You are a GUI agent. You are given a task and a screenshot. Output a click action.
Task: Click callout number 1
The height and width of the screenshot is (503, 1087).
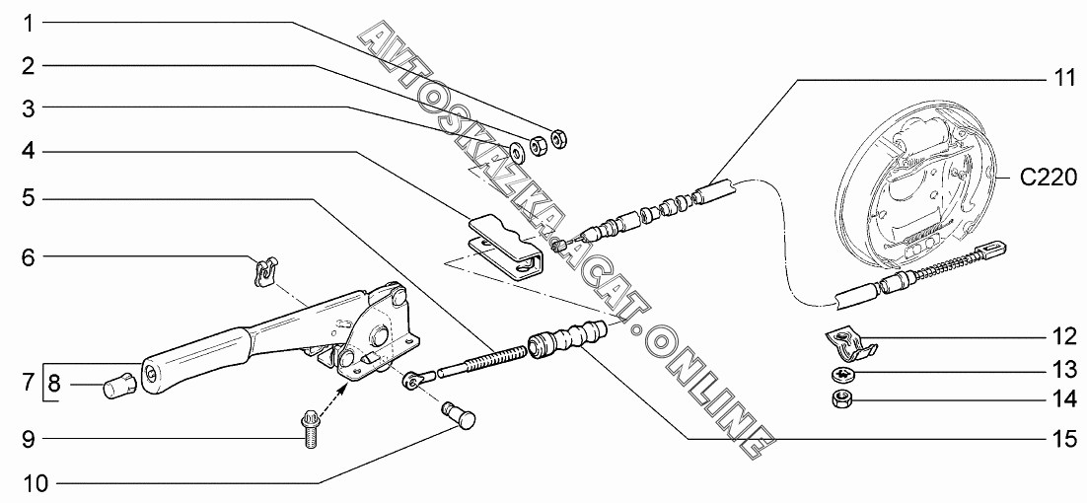coord(30,21)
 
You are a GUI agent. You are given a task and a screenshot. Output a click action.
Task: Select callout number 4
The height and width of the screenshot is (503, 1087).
coord(30,152)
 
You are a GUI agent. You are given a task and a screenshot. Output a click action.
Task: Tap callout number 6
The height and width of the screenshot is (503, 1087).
coord(30,258)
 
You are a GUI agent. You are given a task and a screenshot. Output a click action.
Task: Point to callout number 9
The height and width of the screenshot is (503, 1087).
coord(30,438)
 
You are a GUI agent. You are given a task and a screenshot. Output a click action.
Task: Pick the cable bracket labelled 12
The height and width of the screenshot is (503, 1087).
coord(849,343)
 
